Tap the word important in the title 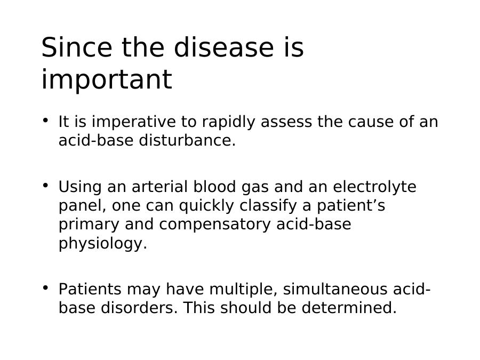tap(107, 79)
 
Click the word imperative tap(134, 122)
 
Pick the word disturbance tap(187, 140)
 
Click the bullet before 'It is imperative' tap(46, 120)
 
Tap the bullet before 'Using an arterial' tap(46, 185)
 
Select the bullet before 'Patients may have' tap(46, 287)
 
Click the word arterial tap(159, 187)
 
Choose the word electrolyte tap(375, 187)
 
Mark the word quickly tap(206, 206)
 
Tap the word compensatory tap(215, 225)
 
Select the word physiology tap(103, 244)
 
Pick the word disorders tap(139, 308)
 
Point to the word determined tap(349, 308)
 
